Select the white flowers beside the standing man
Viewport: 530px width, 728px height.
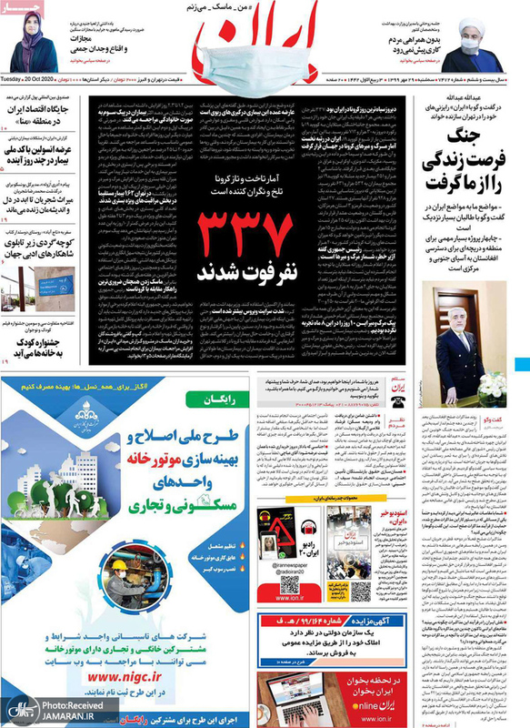pos(490,385)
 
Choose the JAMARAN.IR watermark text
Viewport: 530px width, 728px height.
pos(65,715)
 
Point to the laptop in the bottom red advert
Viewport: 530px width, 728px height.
pos(300,693)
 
